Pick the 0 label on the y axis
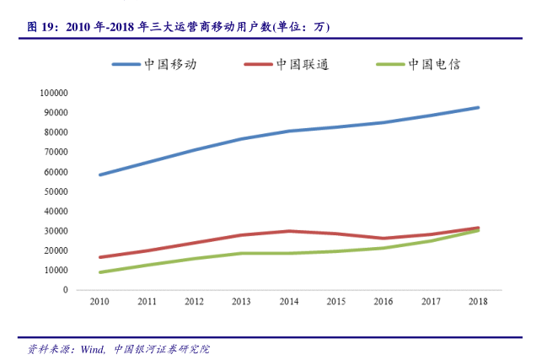point(65,290)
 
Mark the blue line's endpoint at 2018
point(478,107)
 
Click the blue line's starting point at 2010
point(100,175)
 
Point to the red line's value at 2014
point(289,231)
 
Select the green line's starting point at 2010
point(100,272)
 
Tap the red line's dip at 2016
point(383,239)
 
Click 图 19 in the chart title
point(40,27)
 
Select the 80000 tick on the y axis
point(56,132)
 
